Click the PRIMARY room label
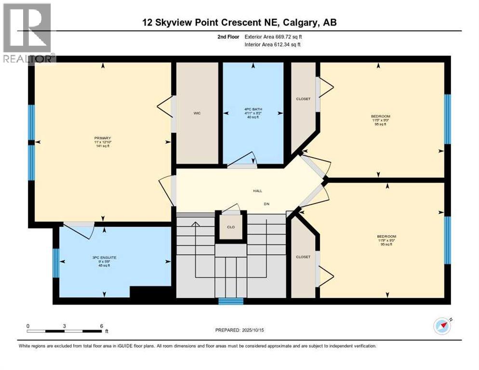click(103, 138)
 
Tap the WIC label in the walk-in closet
click(197, 113)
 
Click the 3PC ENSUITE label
click(104, 258)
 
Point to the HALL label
click(258, 191)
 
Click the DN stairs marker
click(266, 204)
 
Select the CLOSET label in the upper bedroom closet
click(303, 99)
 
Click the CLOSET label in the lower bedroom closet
click(303, 257)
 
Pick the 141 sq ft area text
click(103, 146)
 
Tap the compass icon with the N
click(442, 326)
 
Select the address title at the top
click(239, 22)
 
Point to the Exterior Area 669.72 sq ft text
click(274, 37)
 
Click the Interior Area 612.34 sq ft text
click(274, 45)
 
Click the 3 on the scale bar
click(64, 326)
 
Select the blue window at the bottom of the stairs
click(231, 301)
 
